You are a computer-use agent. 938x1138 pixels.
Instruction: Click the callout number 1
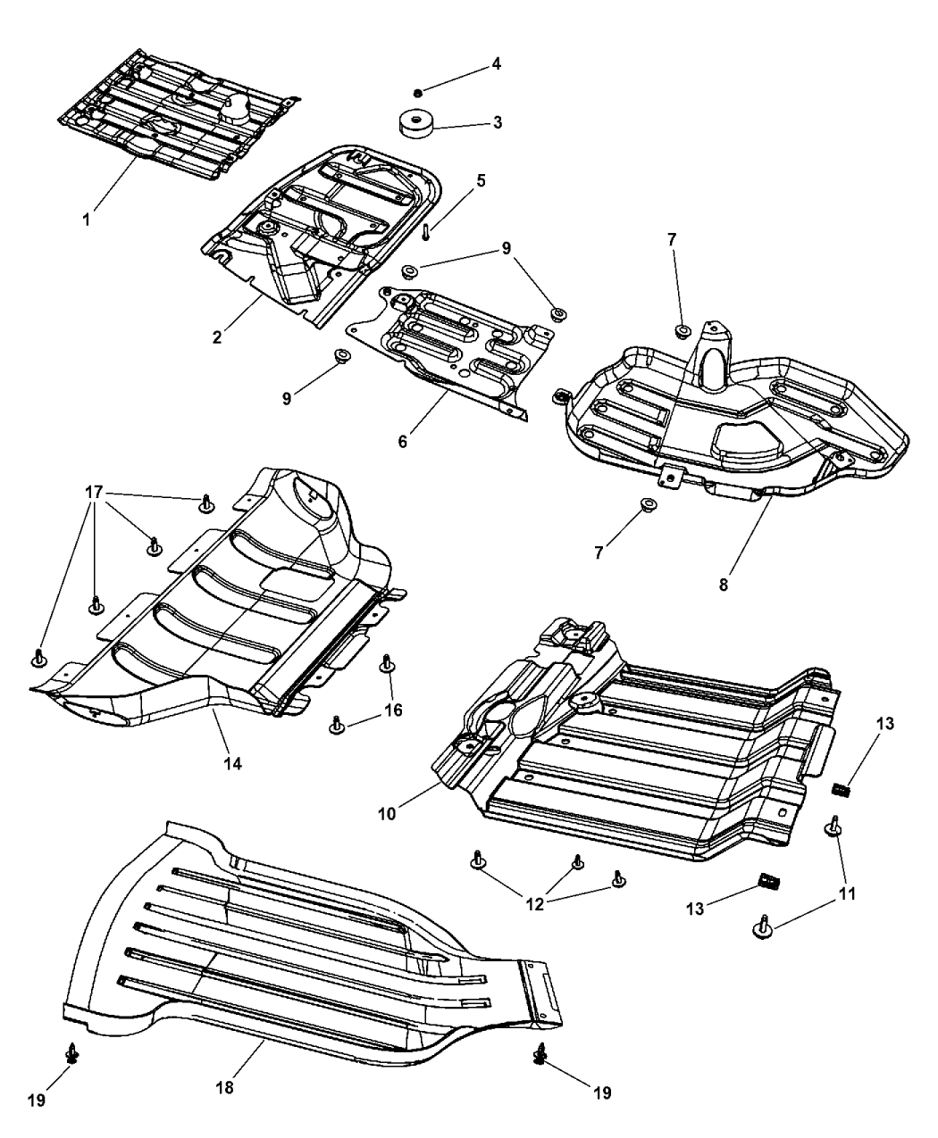87,219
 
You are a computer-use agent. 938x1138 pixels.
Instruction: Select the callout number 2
217,337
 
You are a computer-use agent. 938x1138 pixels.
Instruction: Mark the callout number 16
393,710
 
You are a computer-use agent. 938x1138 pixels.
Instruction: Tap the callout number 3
497,122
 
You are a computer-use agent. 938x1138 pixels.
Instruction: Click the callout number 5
481,180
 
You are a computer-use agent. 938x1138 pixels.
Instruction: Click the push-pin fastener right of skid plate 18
540,1055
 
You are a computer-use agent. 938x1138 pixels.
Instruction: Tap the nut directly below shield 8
645,510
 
